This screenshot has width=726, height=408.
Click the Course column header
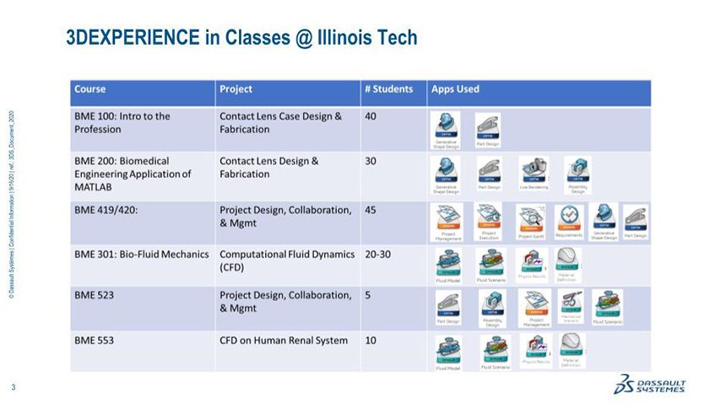coord(90,89)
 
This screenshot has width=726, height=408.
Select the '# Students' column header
coord(388,89)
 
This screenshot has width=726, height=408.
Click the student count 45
coord(371,210)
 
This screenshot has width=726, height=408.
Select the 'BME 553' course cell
coord(94,341)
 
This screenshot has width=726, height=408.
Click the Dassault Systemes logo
coord(650,384)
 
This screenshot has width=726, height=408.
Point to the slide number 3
coord(14,387)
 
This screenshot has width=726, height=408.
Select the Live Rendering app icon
coord(533,171)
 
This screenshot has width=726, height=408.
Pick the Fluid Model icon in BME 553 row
coord(447,349)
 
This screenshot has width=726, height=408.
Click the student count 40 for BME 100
coord(371,116)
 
